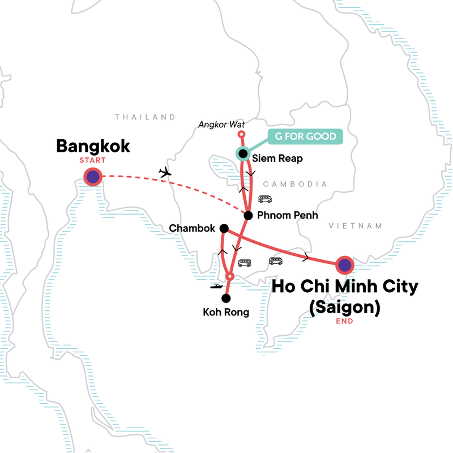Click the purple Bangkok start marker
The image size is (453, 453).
click(93, 177)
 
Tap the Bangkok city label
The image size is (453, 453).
click(93, 147)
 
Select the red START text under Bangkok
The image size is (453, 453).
click(93, 161)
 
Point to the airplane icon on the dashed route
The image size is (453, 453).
click(165, 172)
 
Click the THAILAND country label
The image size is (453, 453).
click(146, 117)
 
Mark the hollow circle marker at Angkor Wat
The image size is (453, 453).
click(241, 134)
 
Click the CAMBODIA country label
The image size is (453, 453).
click(296, 184)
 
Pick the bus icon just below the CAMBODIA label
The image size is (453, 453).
click(264, 199)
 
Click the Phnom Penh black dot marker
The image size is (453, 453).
click(247, 215)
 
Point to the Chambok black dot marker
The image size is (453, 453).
click(224, 229)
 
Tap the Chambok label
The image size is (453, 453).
click(192, 229)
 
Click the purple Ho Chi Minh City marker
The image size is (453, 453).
click(344, 264)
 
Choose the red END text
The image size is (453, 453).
click(344, 321)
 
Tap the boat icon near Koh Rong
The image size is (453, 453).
click(216, 287)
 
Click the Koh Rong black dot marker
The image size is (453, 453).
click(226, 298)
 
